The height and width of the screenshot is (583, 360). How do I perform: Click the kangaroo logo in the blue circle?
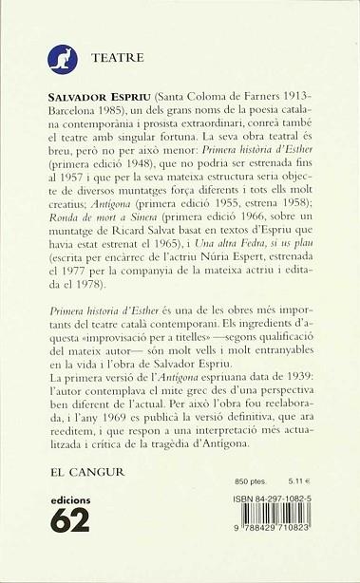62,59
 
